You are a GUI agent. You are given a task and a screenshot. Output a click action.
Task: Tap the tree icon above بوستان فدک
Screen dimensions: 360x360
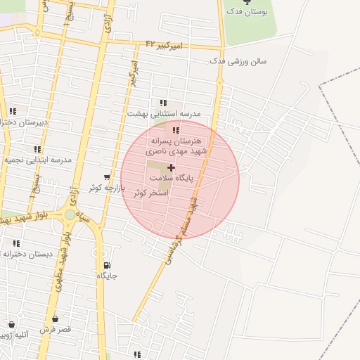(x=246, y=3)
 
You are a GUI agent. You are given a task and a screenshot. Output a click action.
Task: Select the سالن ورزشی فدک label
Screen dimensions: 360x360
(x=238, y=61)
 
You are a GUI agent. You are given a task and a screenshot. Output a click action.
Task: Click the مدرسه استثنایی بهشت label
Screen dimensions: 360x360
(x=164, y=113)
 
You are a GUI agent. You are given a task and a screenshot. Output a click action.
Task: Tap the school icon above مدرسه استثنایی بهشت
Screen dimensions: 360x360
(x=164, y=103)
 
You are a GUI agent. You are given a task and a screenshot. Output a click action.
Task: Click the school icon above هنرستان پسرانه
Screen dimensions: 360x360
(x=176, y=130)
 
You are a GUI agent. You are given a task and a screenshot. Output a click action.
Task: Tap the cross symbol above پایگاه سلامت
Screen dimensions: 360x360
(x=171, y=168)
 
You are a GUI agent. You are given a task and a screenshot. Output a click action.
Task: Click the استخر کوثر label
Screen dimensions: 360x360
(x=150, y=192)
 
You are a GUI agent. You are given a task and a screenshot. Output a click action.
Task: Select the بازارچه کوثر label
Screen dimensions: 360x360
(x=106, y=188)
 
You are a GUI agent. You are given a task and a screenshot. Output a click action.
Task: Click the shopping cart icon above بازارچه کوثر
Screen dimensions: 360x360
(x=106, y=177)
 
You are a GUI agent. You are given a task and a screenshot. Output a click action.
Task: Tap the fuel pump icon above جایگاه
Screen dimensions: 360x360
(x=107, y=265)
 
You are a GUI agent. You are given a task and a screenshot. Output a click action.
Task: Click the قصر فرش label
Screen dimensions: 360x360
(x=56, y=329)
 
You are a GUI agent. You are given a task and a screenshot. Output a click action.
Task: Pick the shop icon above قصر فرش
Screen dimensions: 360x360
(x=55, y=319)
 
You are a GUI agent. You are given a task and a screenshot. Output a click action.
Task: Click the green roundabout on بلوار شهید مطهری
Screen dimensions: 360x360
(x=70, y=214)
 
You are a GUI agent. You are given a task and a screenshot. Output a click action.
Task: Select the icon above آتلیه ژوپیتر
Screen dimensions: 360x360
(x=11, y=324)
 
